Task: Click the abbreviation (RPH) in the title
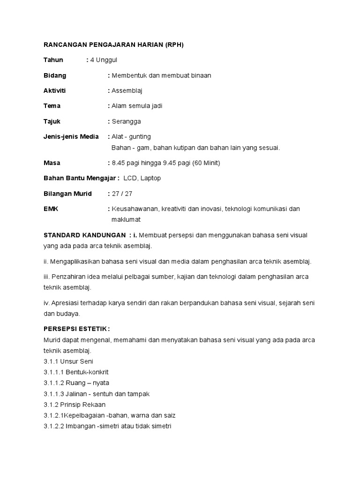point(171,45)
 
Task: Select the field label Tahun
point(53,60)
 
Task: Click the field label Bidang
point(55,75)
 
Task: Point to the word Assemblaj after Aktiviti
point(127,90)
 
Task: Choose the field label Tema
point(52,106)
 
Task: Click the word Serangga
point(126,121)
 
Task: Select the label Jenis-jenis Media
point(71,136)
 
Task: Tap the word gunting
point(140,136)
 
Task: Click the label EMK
point(51,209)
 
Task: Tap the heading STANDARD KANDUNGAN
point(84,235)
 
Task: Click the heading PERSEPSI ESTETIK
point(77,329)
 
